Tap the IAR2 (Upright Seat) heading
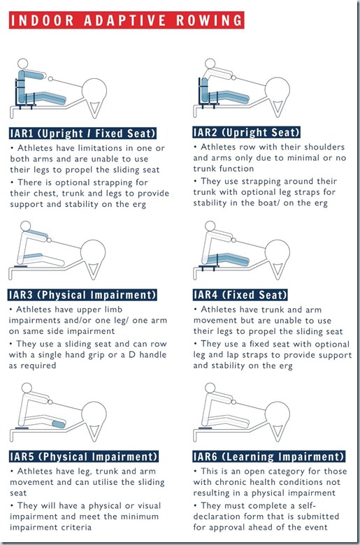pyautogui.click(x=246, y=131)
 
